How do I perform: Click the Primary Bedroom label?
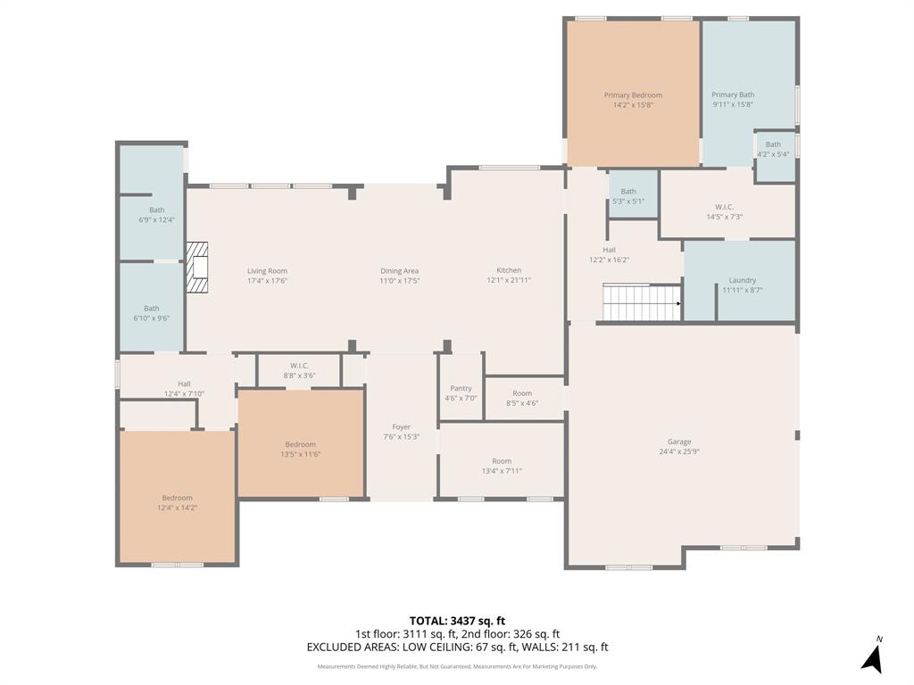(633, 95)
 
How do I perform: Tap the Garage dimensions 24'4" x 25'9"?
(679, 452)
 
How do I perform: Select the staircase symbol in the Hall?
(642, 302)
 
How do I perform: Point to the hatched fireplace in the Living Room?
(197, 267)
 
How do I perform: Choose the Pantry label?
(461, 388)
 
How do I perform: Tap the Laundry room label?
(742, 280)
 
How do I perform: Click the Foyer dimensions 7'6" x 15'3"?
(402, 437)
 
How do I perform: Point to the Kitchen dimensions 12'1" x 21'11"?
(509, 281)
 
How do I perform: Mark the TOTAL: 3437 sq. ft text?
(457, 621)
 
